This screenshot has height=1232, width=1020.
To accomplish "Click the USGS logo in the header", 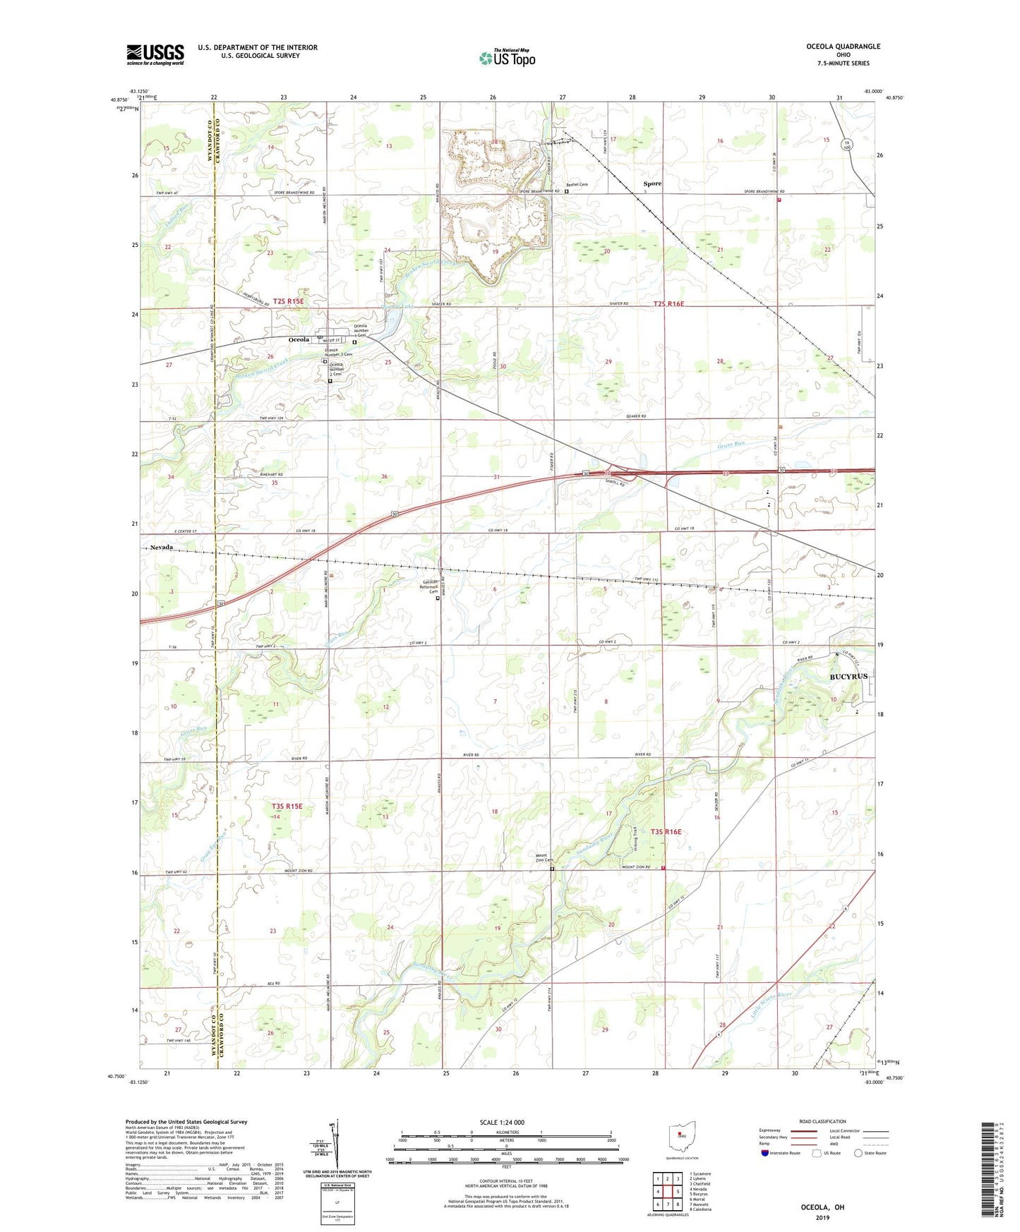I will (155, 54).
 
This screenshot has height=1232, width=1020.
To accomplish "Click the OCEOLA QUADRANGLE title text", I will (843, 47).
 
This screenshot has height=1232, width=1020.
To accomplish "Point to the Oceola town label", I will (299, 339).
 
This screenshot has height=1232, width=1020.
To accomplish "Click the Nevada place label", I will (161, 547).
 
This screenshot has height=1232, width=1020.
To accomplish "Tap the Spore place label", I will (652, 183).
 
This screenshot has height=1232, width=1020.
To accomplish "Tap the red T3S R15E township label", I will (287, 806).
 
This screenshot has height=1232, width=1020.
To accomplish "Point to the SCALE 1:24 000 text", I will (502, 1123).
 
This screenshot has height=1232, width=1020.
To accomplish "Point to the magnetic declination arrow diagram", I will (337, 1147).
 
